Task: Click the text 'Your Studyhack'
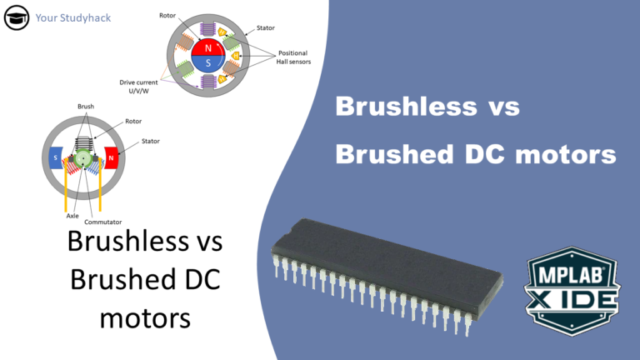pos(73,17)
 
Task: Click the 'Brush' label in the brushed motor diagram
pos(86,107)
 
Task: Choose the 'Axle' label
pos(72,214)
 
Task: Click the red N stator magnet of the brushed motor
pos(111,157)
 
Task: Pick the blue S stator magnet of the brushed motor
pos(55,157)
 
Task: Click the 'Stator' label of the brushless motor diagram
pos(265,27)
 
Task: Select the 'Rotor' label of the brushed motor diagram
pos(132,121)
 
